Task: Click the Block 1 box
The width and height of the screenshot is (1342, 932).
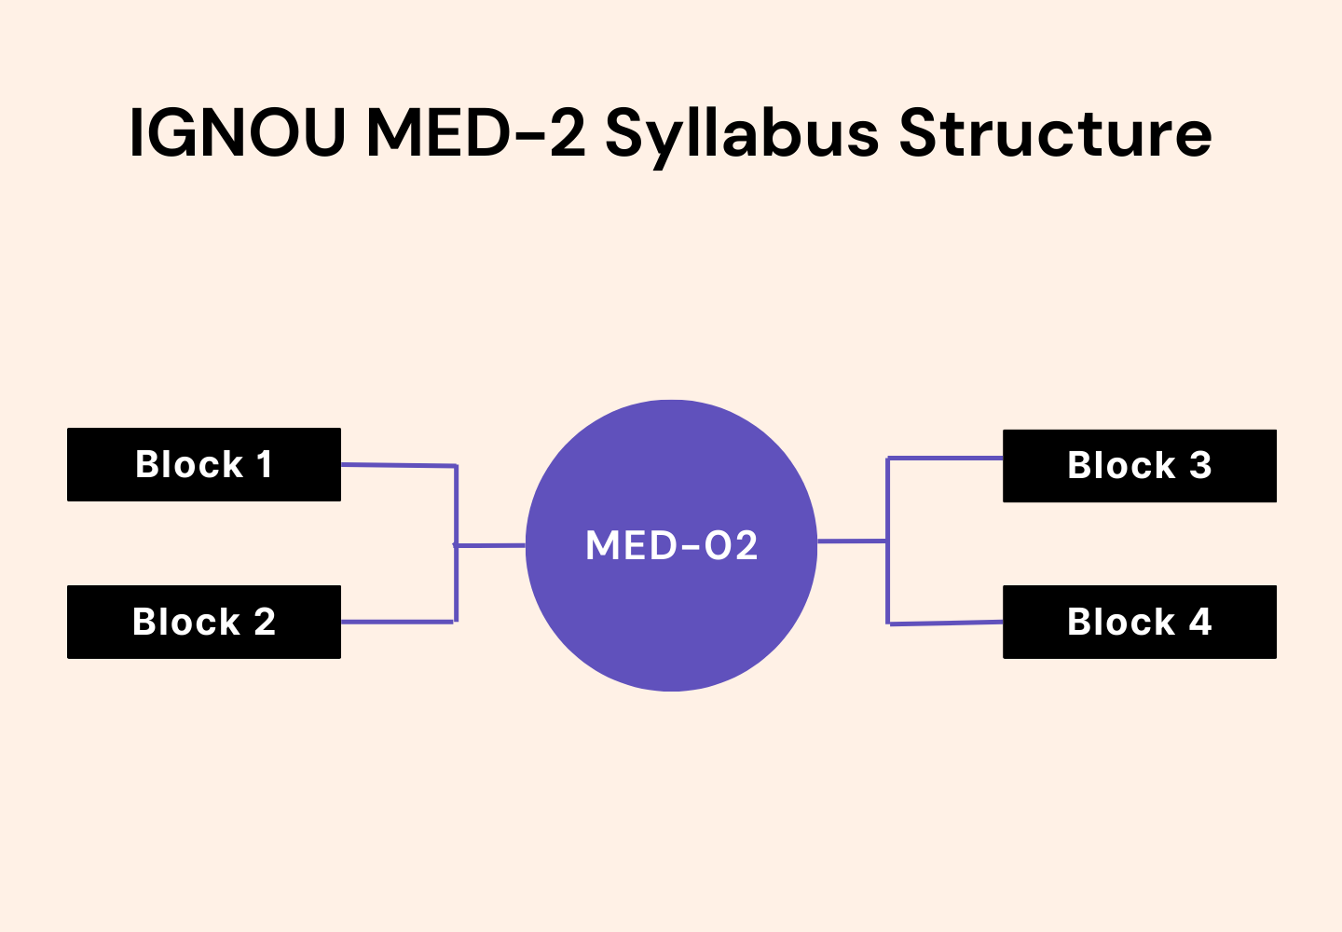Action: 203,464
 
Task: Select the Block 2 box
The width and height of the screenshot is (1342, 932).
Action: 203,622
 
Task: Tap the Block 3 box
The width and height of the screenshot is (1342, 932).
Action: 1139,465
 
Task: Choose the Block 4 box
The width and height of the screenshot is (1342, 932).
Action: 1139,622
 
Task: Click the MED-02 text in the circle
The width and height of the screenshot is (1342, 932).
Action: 671,545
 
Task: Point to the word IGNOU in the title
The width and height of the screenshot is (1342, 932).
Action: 237,132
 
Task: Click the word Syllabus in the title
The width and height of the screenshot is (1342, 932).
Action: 741,132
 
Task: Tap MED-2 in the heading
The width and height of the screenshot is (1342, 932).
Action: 475,132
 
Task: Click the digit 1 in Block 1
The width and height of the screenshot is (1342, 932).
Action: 265,464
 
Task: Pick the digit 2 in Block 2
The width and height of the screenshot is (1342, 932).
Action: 265,622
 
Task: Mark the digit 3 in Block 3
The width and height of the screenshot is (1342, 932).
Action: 1200,465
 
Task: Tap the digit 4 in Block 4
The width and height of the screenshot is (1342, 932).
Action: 1200,622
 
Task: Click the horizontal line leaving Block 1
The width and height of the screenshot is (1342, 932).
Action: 398,464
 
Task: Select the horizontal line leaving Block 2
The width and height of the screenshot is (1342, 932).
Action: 398,622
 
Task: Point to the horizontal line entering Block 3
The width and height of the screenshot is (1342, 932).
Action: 945,458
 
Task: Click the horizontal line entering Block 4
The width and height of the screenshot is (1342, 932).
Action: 945,623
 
